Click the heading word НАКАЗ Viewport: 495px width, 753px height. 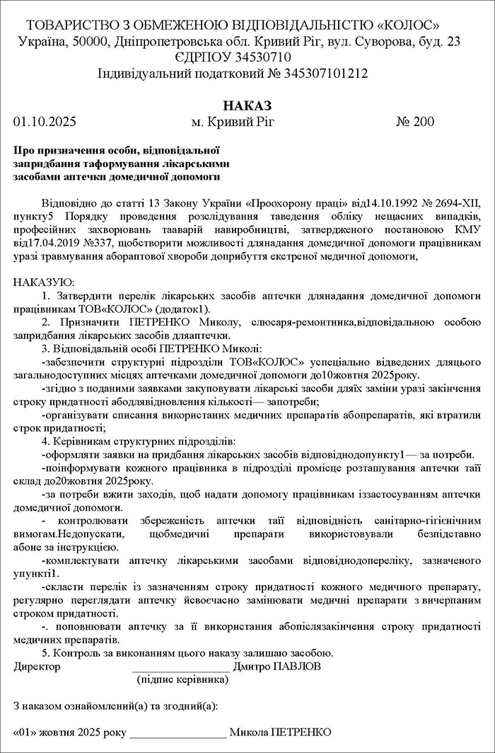pos(248,105)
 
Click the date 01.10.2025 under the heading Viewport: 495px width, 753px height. pos(45,122)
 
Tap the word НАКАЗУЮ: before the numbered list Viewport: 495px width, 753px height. pos(40,282)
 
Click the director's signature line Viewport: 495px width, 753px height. pos(181,667)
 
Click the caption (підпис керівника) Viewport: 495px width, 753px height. pos(182,680)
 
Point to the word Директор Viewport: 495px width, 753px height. pos(37,667)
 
